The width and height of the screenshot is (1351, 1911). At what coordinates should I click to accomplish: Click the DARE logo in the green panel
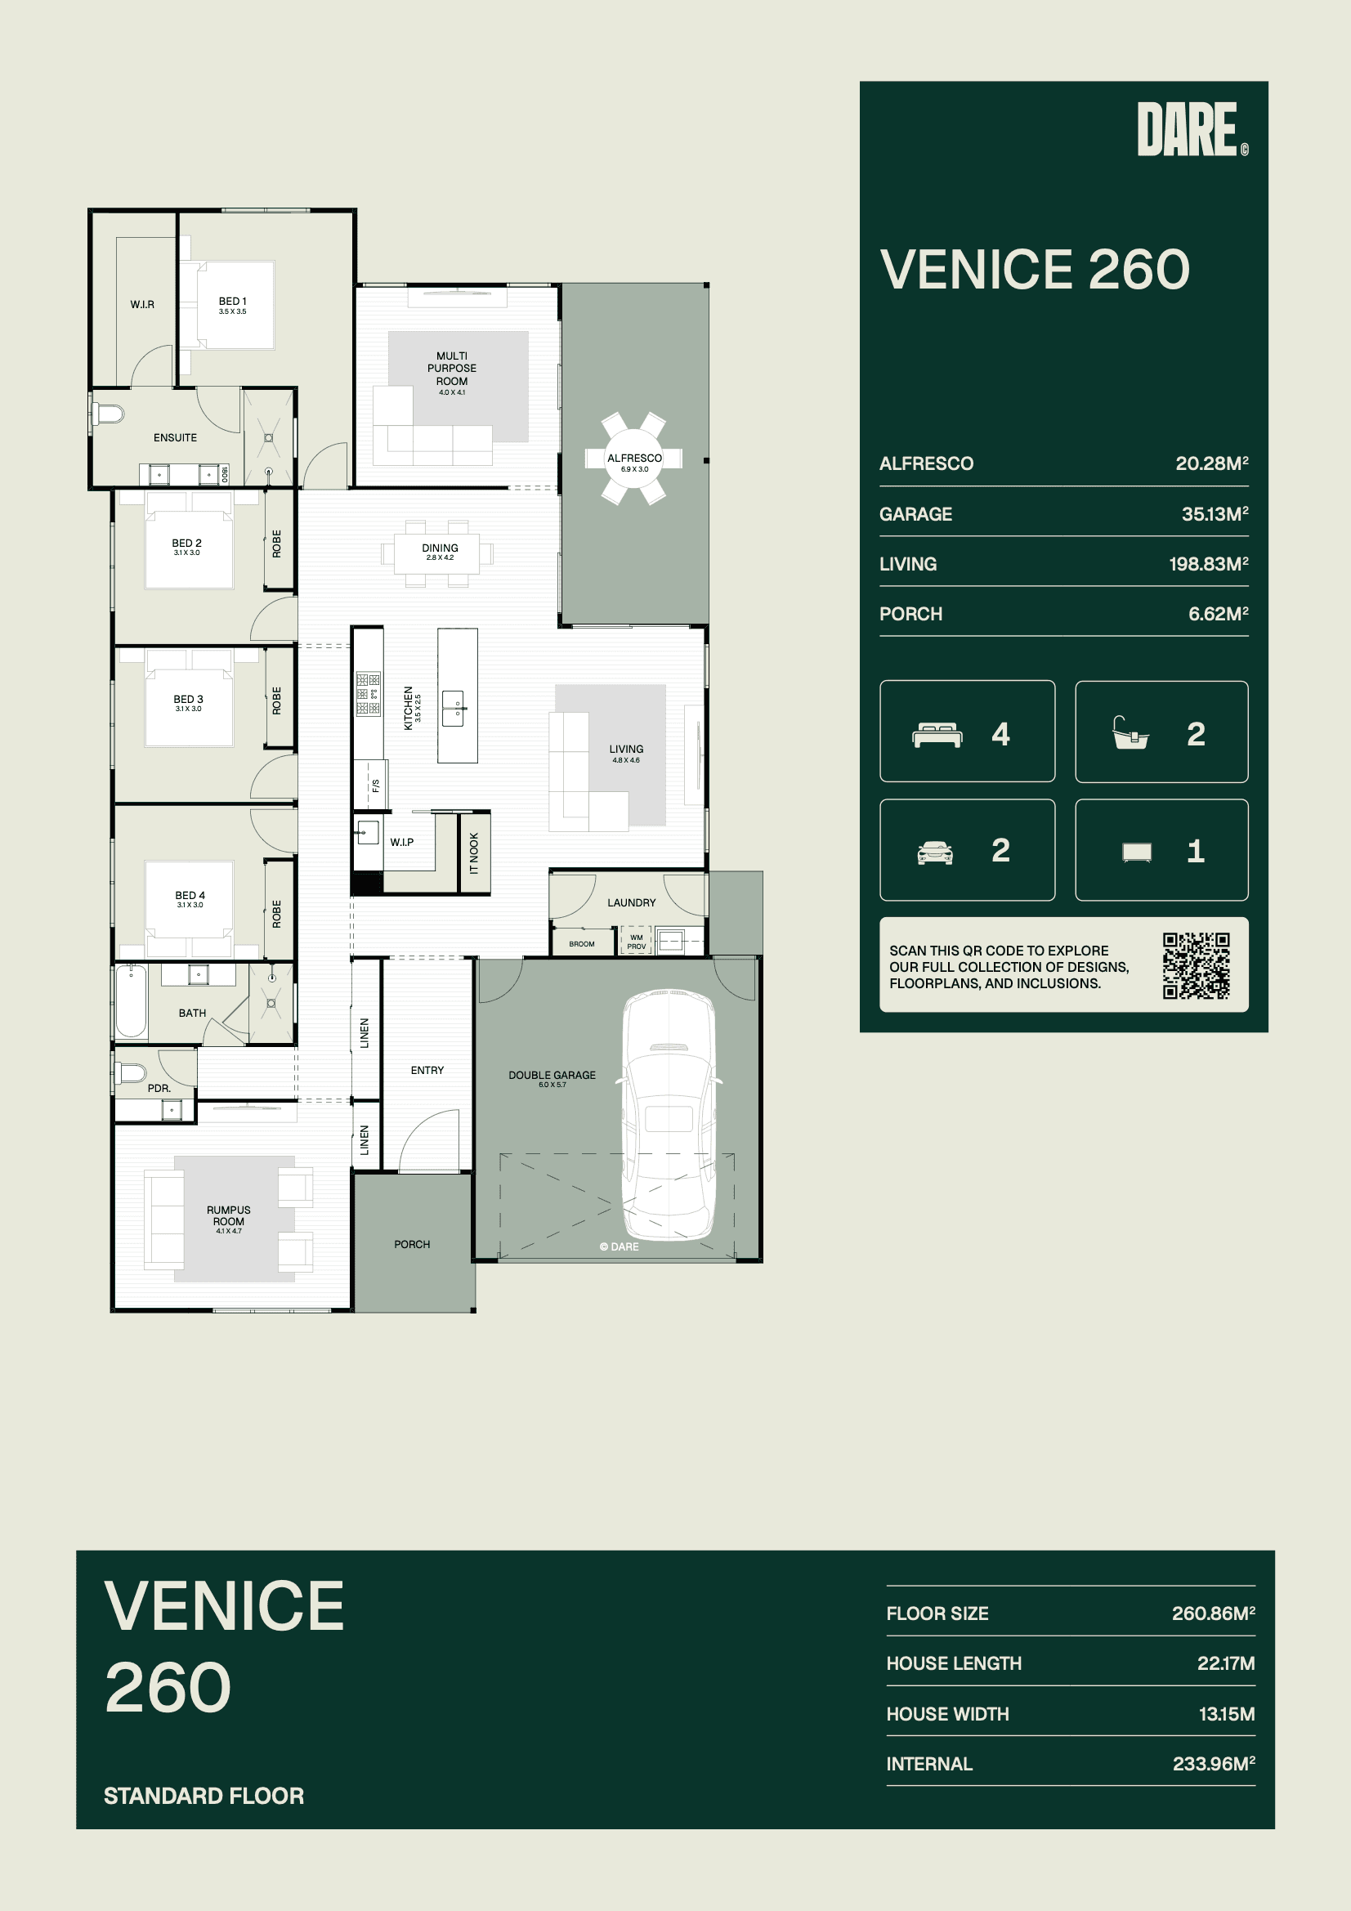click(x=1191, y=129)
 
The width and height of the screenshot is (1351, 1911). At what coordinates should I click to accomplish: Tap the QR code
click(x=1197, y=965)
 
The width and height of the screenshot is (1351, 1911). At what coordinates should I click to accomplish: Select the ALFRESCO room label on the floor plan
click(x=634, y=458)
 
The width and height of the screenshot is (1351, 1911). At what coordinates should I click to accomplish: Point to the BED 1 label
click(x=232, y=302)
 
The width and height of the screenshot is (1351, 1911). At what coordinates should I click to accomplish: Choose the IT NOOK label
click(x=474, y=853)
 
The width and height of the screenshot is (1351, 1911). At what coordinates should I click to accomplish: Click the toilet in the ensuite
click(x=107, y=413)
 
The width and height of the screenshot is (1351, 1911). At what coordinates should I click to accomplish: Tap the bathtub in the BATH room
click(x=131, y=1000)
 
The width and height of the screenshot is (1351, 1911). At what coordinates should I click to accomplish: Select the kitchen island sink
click(x=454, y=709)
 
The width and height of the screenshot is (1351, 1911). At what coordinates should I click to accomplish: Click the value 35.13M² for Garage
click(x=1215, y=513)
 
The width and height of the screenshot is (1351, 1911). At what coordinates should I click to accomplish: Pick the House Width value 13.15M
click(x=1226, y=1714)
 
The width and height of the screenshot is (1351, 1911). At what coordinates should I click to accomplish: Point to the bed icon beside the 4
click(x=937, y=735)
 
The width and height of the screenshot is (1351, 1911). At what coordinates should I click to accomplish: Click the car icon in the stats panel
click(x=935, y=853)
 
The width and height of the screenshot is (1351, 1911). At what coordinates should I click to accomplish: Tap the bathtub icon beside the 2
click(x=1130, y=733)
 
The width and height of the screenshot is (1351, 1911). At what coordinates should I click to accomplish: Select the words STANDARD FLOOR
click(x=204, y=1796)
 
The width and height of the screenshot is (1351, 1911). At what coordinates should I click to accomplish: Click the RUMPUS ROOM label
click(x=228, y=1216)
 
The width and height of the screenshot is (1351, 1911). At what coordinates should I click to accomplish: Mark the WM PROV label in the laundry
click(x=637, y=942)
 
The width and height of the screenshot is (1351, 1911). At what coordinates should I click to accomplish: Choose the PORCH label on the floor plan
click(x=412, y=1244)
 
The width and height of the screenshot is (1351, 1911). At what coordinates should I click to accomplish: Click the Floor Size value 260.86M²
click(x=1213, y=1613)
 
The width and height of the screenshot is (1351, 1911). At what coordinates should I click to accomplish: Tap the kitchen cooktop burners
click(x=368, y=693)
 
